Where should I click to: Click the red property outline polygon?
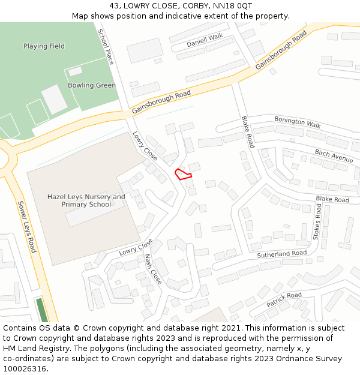183,174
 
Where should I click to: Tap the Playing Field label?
44,46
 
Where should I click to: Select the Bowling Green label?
92,85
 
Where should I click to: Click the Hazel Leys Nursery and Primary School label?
86,200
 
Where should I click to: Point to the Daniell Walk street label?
205,41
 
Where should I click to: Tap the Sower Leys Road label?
27,227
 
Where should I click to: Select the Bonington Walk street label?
298,122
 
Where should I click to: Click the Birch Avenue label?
334,155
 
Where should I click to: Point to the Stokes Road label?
319,221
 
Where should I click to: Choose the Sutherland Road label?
282,254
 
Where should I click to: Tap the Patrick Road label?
284,299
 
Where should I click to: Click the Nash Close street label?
153,269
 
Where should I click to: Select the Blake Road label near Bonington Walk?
247,132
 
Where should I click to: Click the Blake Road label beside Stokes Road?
332,199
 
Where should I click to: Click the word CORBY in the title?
182,6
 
